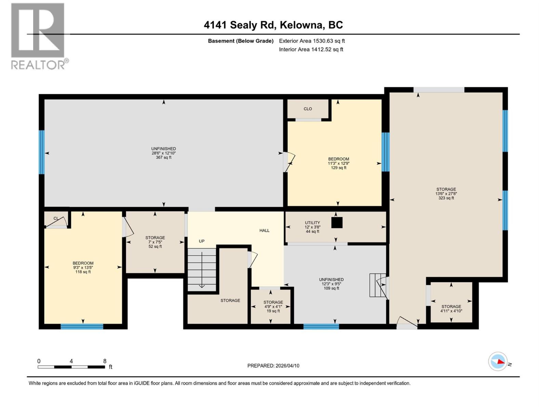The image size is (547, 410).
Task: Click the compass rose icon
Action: tap(498, 361)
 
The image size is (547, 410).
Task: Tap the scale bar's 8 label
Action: tap(105, 361)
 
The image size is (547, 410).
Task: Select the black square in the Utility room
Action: tap(337, 223)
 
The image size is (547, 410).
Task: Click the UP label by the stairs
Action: tap(202, 241)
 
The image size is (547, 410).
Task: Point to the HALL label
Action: tap(264, 230)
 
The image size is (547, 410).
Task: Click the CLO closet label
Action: tap(308, 109)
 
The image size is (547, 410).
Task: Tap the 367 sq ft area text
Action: tap(163, 158)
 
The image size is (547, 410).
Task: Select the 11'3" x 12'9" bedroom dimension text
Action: tap(338, 163)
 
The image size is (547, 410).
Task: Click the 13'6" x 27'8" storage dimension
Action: tap(446, 194)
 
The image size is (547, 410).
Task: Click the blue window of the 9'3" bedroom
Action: tap(82, 327)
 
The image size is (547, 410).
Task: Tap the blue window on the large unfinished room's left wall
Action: tap(42, 152)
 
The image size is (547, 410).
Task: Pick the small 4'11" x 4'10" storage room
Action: tap(451, 302)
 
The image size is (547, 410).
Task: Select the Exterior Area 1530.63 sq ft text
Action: tap(312, 41)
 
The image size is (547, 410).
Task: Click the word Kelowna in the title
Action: tap(301, 25)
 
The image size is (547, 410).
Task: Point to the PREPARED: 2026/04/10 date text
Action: tap(273, 366)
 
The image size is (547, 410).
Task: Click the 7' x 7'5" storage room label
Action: tap(155, 242)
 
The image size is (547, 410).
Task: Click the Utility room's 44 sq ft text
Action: tap(312, 231)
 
